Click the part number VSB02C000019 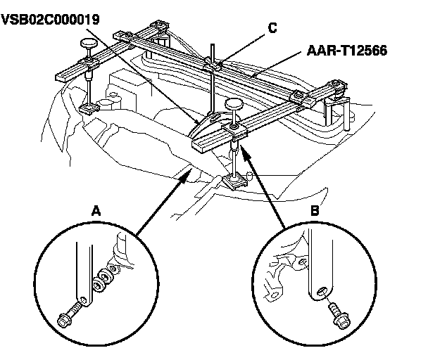[x=51, y=20]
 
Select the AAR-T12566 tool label [x=346, y=51]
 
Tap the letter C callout [x=272, y=28]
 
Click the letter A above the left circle [x=96, y=211]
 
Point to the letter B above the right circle [x=315, y=211]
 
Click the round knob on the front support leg [x=234, y=103]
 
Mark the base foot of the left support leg [x=89, y=108]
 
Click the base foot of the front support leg [x=235, y=181]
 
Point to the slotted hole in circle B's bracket [x=321, y=291]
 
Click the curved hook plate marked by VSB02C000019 [x=212, y=124]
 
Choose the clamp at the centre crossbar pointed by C [x=213, y=66]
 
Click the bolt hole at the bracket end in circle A [x=84, y=301]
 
